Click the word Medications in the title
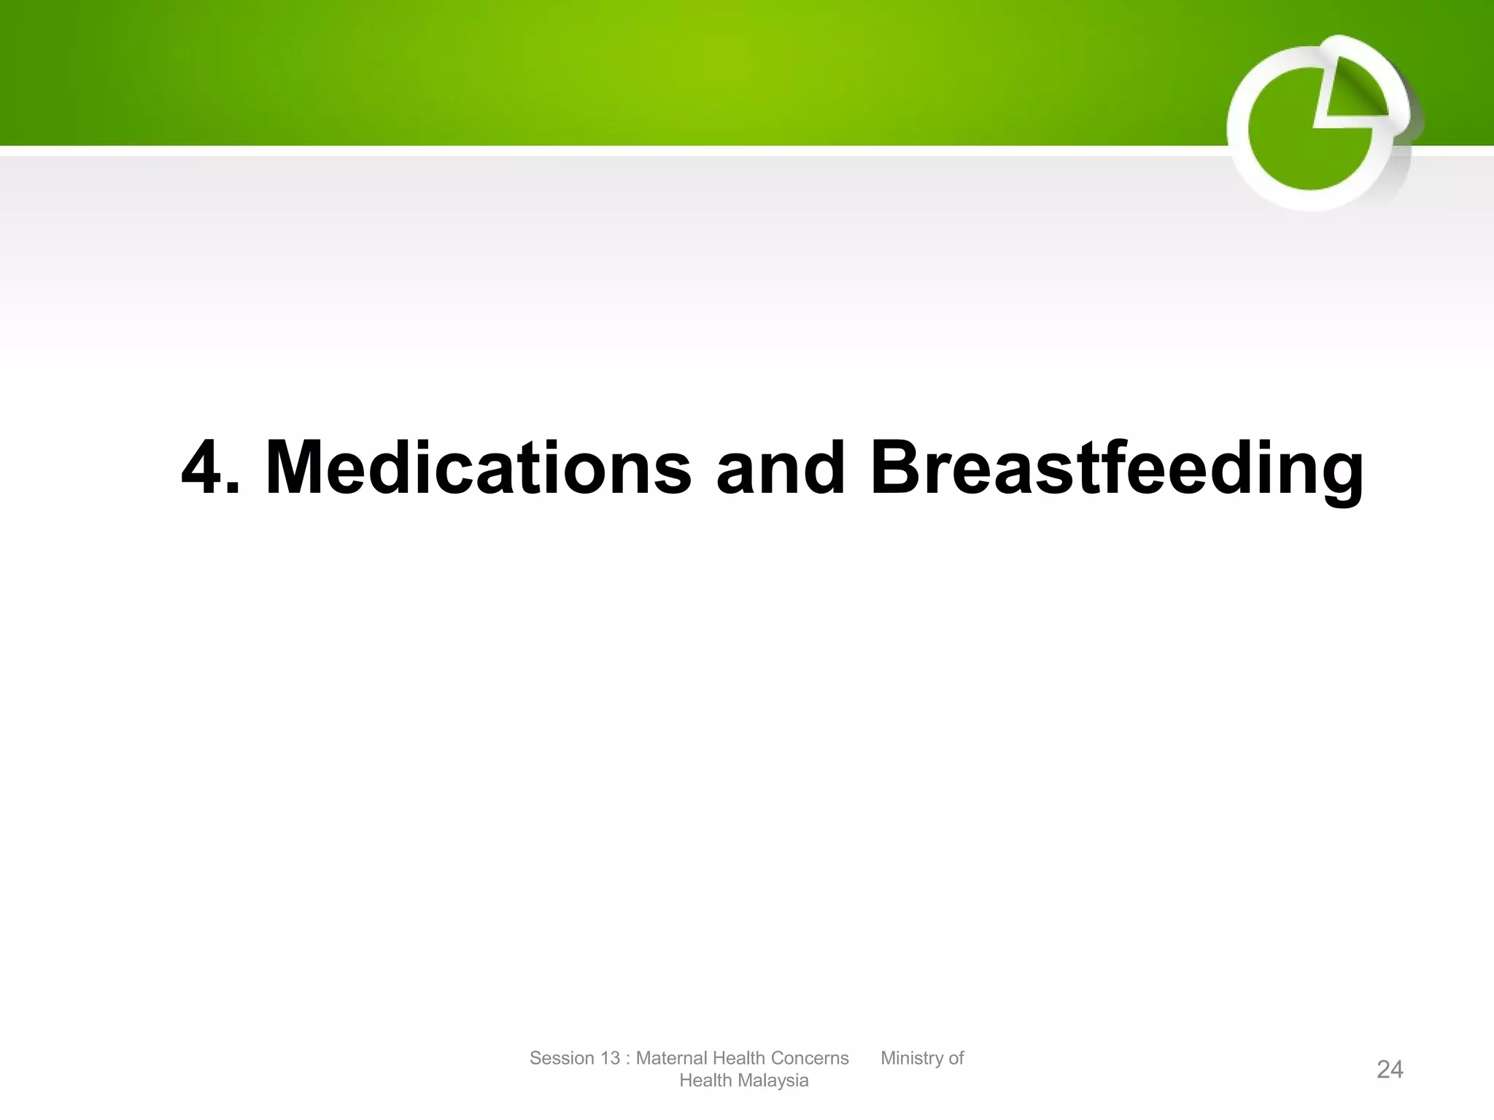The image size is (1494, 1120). pos(479,468)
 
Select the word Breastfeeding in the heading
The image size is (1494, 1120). pos(1116,468)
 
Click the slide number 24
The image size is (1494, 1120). pos(1390,1070)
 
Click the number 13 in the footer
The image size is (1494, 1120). pos(610,1058)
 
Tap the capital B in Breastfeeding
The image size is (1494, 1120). pos(898,468)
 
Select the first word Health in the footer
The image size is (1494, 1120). pos(736,1058)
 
